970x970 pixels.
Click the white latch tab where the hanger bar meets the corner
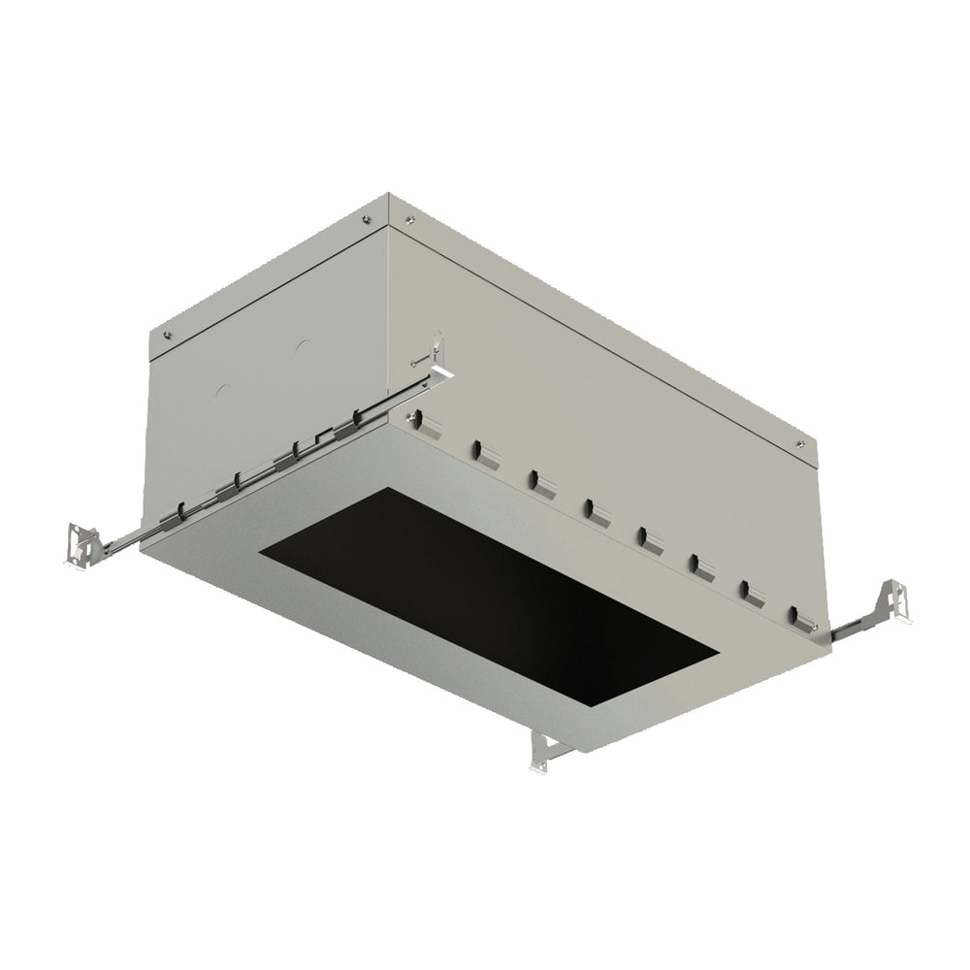pos(441,370)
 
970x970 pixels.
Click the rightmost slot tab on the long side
pos(797,615)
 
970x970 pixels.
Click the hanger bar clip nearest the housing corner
pos(364,418)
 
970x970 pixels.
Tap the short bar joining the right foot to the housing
pos(854,623)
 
